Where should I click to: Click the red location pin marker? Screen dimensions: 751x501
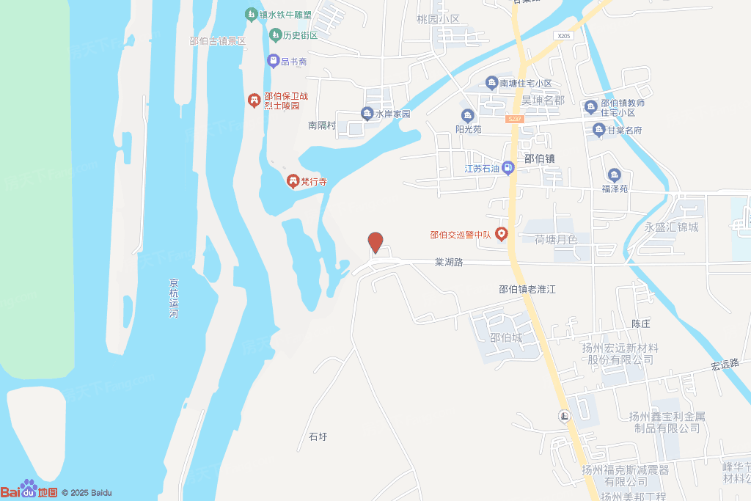[375, 242]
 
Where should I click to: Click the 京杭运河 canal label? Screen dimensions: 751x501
[174, 298]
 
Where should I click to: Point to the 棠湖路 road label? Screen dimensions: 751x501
[449, 262]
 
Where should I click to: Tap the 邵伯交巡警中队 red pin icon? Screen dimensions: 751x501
[502, 235]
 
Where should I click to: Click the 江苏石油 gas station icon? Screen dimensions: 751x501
[508, 168]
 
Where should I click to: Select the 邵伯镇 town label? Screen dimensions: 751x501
[539, 158]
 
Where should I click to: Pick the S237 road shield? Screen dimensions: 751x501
[515, 119]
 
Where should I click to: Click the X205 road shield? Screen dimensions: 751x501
[563, 35]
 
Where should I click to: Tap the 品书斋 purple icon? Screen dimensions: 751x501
[273, 61]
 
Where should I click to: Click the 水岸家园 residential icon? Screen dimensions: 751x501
[367, 114]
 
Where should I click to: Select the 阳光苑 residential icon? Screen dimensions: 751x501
[467, 116]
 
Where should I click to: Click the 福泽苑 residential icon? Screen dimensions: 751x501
[615, 175]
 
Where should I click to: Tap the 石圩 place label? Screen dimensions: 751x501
[318, 437]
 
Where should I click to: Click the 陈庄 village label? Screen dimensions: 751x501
[642, 323]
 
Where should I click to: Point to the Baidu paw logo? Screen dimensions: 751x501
[29, 486]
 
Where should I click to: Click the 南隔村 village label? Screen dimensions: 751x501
[321, 125]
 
